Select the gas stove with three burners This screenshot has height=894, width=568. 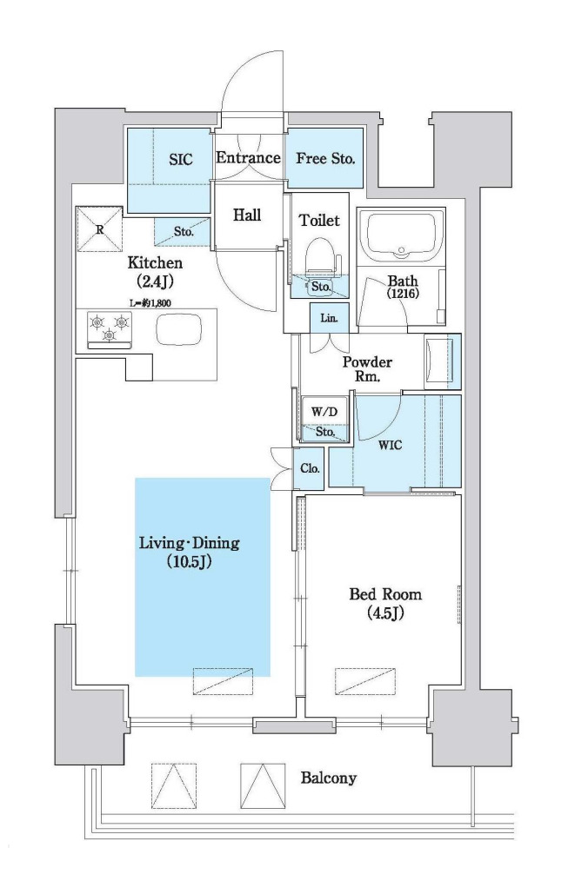(x=109, y=329)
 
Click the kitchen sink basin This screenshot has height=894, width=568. (x=179, y=330)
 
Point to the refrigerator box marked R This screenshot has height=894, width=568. (x=100, y=229)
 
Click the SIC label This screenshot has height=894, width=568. (x=180, y=160)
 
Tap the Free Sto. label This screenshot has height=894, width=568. (x=325, y=158)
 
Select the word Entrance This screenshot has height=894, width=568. (x=248, y=158)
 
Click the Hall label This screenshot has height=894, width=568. (x=247, y=215)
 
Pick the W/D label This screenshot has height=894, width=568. (x=324, y=413)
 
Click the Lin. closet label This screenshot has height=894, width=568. (x=329, y=319)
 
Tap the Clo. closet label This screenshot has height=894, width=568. (x=310, y=469)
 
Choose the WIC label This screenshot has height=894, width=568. (x=391, y=445)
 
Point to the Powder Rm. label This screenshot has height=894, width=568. (x=367, y=369)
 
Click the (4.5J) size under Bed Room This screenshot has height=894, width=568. (x=385, y=613)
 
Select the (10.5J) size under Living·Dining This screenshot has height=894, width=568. (x=190, y=562)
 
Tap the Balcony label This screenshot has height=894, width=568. (x=328, y=778)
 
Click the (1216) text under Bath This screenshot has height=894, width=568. (x=403, y=294)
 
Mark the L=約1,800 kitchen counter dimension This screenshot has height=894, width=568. (x=150, y=302)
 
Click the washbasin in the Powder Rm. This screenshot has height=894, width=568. (x=442, y=361)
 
